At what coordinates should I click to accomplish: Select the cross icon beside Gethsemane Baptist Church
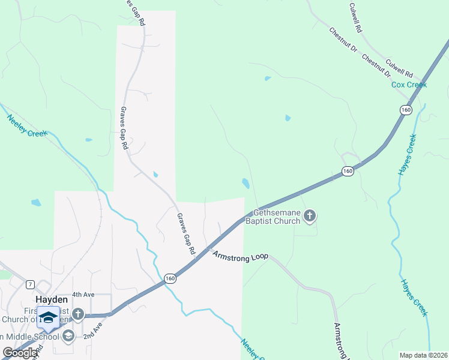coord(310,216)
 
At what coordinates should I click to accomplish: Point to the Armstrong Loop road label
coord(240,255)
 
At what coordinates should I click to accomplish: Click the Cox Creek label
coord(409,85)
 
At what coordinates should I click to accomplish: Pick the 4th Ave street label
coord(84,295)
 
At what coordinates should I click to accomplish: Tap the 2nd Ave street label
coord(90,332)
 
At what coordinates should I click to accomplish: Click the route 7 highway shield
coord(30,283)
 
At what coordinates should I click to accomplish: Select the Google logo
coord(20,353)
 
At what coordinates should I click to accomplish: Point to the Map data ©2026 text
coord(423,355)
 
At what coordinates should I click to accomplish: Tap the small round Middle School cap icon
coord(68,335)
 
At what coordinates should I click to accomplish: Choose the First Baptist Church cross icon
coord(77,314)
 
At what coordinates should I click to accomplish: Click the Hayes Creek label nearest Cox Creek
coord(407,155)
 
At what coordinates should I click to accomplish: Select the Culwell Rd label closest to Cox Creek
coord(399,68)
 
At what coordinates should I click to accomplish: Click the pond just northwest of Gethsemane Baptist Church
coord(245,183)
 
